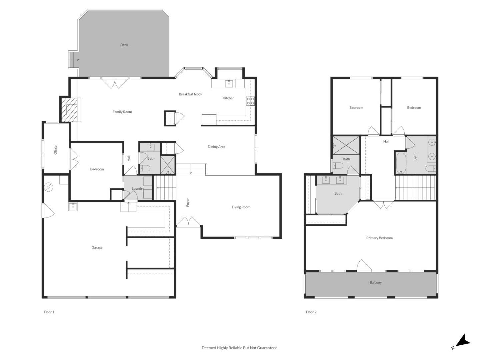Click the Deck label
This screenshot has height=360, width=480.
(x=124, y=45)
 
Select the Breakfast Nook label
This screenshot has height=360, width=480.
(x=190, y=94)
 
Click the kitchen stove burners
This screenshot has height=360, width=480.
(x=250, y=101)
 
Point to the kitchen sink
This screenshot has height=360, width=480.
(x=229, y=83)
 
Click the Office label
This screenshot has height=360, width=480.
(x=56, y=150)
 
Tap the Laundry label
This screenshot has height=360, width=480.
(x=138, y=188)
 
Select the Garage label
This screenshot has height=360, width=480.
(x=97, y=247)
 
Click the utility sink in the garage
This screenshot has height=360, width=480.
(x=73, y=207)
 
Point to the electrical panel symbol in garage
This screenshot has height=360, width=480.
(x=49, y=187)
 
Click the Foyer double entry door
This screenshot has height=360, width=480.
(x=189, y=221)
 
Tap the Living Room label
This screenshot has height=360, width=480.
(x=241, y=207)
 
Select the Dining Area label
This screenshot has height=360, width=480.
(x=217, y=147)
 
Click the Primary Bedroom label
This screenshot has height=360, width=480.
(x=379, y=238)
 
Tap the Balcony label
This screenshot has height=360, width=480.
(x=376, y=282)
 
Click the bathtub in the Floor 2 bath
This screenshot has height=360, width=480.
(x=401, y=162)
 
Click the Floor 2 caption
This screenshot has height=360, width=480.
(x=311, y=312)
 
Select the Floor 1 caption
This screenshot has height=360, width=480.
(x=49, y=312)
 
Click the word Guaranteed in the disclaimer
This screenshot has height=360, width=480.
(x=267, y=348)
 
